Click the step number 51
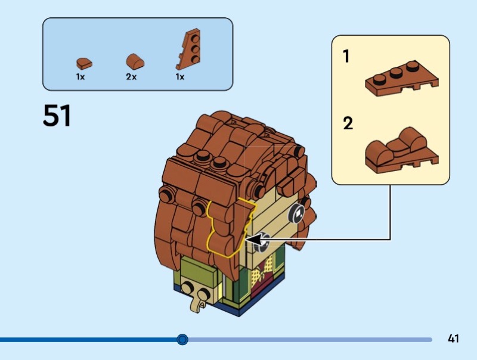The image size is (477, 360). [x=57, y=116]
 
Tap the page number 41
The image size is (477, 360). [x=453, y=339]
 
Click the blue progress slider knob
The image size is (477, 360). [x=182, y=340]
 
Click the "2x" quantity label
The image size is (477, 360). [x=131, y=77]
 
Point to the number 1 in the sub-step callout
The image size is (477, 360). [x=346, y=57]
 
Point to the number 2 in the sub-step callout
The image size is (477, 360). [x=348, y=124]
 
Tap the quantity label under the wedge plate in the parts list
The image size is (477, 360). [x=179, y=77]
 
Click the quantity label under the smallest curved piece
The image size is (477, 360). [x=80, y=77]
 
